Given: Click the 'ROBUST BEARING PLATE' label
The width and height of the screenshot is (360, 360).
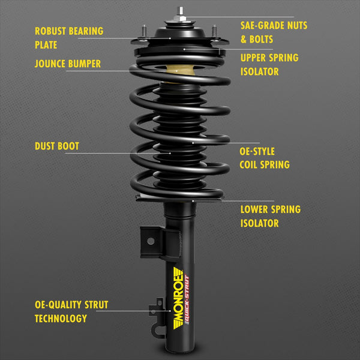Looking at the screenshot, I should click(x=69, y=37).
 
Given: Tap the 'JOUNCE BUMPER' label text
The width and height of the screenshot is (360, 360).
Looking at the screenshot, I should click(x=67, y=64).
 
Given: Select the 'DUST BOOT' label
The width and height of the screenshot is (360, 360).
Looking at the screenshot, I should click(x=57, y=146).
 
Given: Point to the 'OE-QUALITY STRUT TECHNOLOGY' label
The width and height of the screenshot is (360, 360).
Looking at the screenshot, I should click(x=71, y=311).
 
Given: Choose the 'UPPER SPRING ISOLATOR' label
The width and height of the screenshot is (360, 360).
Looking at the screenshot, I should click(x=269, y=65).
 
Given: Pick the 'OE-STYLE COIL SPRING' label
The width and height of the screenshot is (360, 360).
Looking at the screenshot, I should click(x=265, y=158).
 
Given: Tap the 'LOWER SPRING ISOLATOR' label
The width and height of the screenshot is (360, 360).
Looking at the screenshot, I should click(x=271, y=217).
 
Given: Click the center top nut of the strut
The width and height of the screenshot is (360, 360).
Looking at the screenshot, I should click(x=180, y=11).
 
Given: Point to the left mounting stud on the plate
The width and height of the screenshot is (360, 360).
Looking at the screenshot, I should click(x=145, y=30).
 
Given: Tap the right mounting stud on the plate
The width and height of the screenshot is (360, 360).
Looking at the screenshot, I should click(x=214, y=30).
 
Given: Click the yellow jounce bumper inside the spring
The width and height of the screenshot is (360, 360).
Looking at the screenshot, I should click(x=179, y=72).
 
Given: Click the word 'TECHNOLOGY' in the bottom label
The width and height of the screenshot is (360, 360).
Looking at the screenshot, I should click(x=61, y=319).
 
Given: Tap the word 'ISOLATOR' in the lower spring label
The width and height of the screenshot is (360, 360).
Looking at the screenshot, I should click(x=260, y=224).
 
